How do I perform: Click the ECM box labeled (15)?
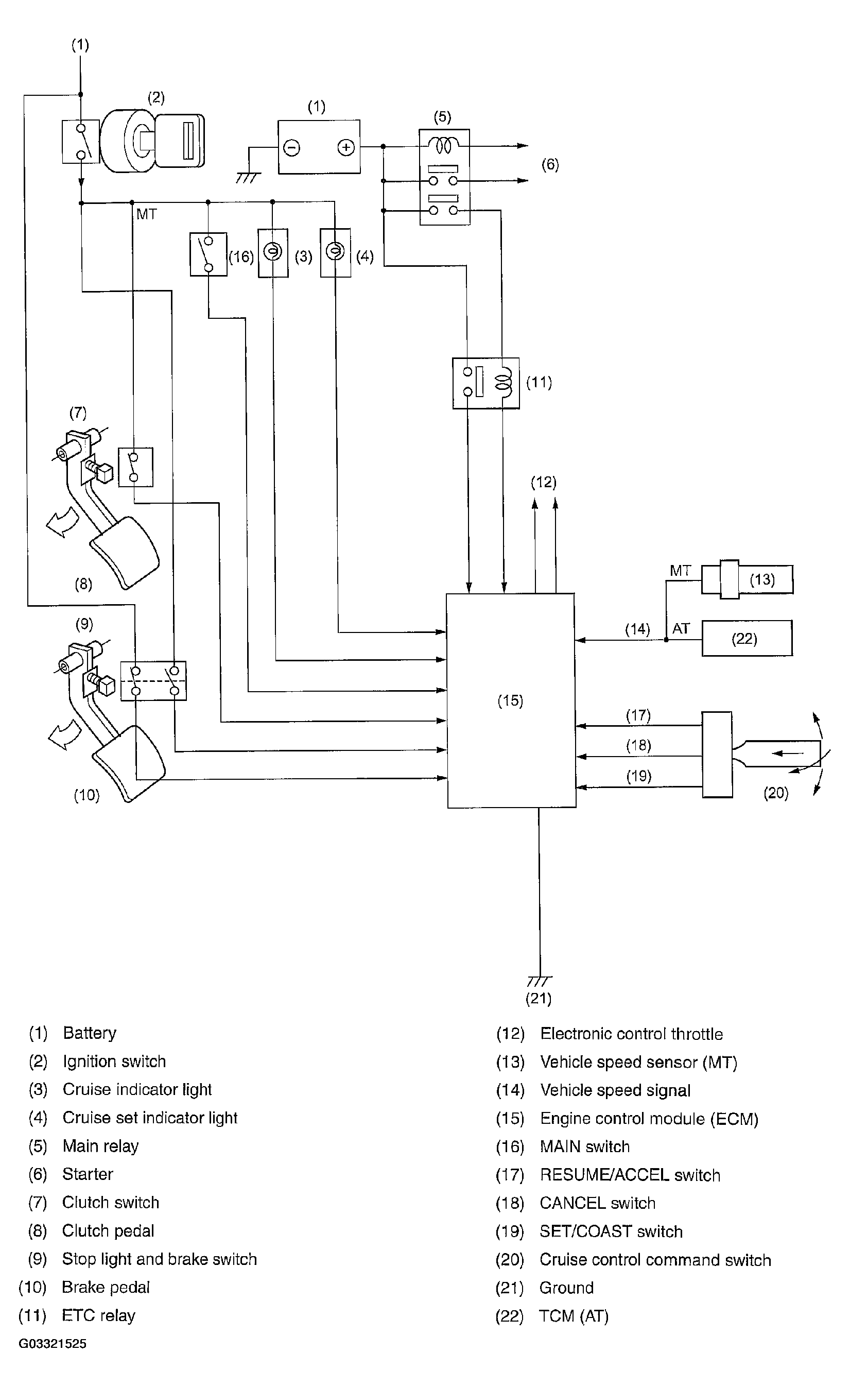[511, 700]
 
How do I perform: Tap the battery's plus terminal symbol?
[345, 147]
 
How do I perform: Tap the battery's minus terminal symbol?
[291, 148]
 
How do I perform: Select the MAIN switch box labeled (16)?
[208, 254]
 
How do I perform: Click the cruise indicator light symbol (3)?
[273, 253]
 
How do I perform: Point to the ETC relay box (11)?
[485, 383]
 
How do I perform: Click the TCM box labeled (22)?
[747, 638]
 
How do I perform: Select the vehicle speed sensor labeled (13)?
[748, 579]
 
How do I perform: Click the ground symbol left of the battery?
[248, 178]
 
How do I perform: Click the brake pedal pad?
[129, 763]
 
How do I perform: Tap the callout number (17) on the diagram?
[638, 715]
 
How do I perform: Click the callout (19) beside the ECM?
[639, 776]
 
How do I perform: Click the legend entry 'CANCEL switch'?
[597, 1203]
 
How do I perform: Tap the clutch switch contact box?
[135, 467]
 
